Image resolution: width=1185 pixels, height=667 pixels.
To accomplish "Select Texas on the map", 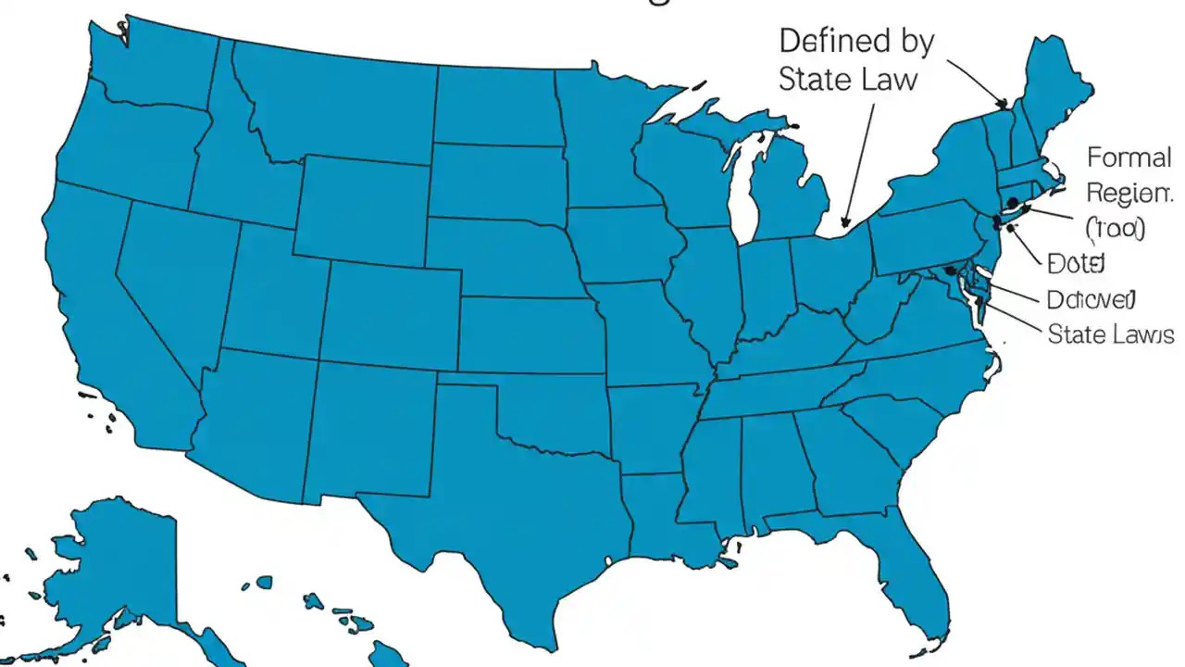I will [518, 500].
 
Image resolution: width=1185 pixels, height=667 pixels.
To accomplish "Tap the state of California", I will [102, 306].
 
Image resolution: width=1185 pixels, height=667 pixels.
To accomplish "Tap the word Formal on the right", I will [1129, 157].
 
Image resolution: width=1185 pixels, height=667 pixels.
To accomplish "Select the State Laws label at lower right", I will [1110, 333].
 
